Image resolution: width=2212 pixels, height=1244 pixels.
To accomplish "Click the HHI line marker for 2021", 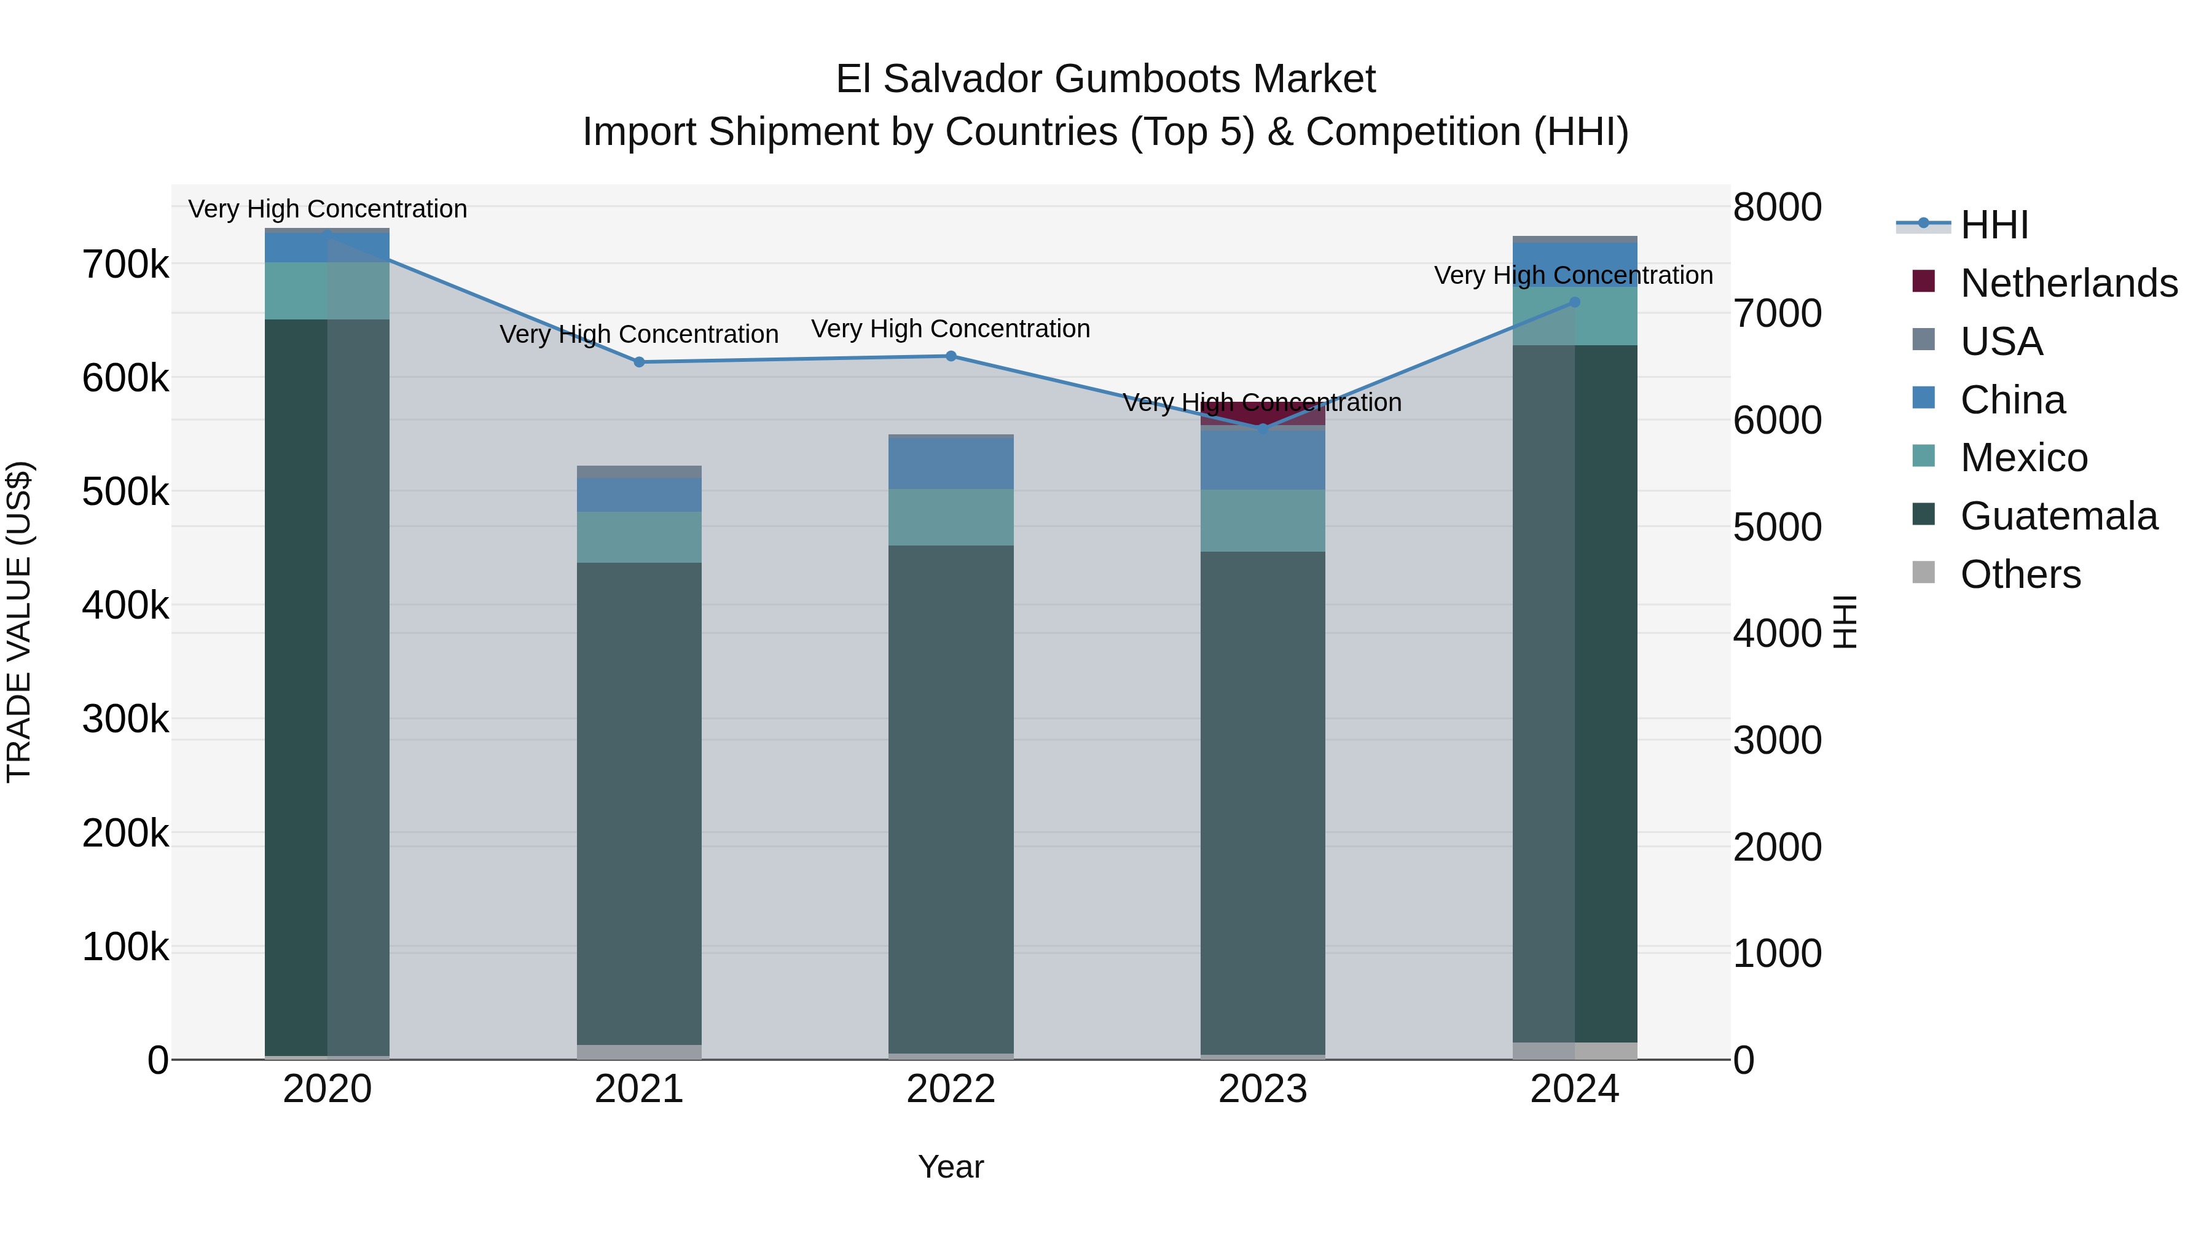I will click(x=639, y=362).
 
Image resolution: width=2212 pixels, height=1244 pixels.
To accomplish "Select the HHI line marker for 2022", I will click(x=951, y=356).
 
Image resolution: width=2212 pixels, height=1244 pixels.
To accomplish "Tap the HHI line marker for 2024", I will click(x=1574, y=302).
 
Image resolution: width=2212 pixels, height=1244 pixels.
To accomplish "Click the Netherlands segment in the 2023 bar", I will click(x=1262, y=414).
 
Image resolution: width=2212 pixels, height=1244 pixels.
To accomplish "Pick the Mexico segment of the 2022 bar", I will click(x=951, y=517).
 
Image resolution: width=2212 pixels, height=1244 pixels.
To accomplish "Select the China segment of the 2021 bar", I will click(x=639, y=495).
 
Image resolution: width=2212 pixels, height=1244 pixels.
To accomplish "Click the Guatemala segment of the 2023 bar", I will click(x=1262, y=803).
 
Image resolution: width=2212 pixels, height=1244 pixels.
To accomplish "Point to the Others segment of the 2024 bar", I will click(x=1574, y=1051).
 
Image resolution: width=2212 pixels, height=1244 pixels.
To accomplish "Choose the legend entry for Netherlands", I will click(x=2069, y=283).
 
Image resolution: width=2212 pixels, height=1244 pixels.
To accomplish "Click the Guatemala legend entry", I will click(x=2058, y=516).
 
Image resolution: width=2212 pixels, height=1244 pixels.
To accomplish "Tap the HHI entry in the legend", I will click(x=1994, y=225).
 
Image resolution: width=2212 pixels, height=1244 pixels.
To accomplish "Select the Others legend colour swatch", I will click(x=1923, y=573).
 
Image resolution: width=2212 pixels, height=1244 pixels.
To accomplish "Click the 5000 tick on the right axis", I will click(x=1776, y=527).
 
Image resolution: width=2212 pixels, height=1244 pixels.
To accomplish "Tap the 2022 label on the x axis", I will click(x=951, y=1089).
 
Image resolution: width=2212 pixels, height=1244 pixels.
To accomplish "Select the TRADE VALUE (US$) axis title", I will click(x=19, y=622).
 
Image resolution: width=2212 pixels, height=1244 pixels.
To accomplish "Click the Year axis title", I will click(x=951, y=1167).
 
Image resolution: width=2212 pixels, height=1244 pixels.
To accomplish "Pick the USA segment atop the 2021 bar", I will click(x=639, y=471).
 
